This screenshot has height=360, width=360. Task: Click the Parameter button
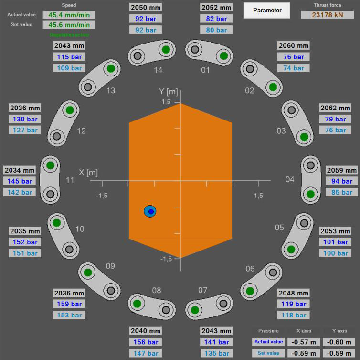(267, 10)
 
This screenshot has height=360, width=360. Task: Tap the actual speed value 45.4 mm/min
(68, 15)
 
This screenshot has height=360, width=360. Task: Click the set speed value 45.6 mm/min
(68, 24)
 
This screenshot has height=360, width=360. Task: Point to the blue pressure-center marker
(150, 211)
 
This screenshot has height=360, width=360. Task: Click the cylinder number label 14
(158, 70)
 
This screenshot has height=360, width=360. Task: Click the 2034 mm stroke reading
(20, 170)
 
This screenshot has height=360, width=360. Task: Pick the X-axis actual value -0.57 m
(305, 342)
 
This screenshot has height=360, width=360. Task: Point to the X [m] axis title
(88, 172)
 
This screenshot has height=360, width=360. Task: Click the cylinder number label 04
(290, 179)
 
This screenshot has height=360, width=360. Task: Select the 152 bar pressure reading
(26, 242)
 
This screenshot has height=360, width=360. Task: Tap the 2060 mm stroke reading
(294, 46)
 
